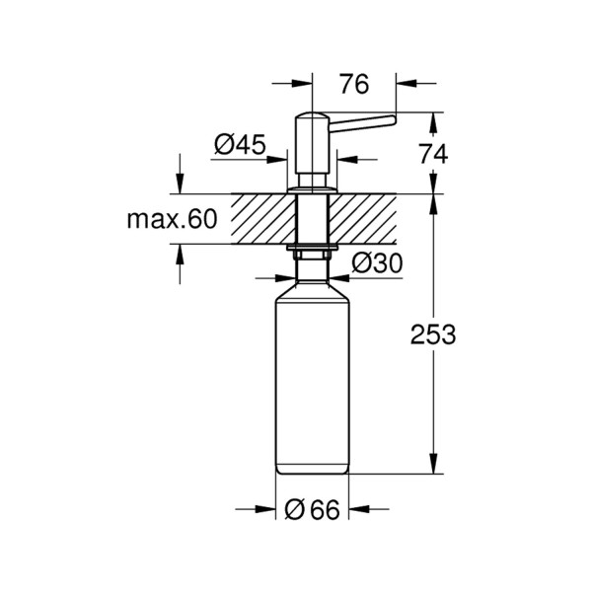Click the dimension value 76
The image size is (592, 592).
[354, 84]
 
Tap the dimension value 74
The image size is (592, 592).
[434, 154]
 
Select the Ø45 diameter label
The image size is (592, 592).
[240, 144]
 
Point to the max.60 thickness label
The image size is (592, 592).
[172, 219]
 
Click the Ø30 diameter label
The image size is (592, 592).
[377, 262]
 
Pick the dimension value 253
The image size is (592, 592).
[433, 334]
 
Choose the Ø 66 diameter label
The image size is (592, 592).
[312, 509]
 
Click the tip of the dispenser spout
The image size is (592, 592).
[394, 119]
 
